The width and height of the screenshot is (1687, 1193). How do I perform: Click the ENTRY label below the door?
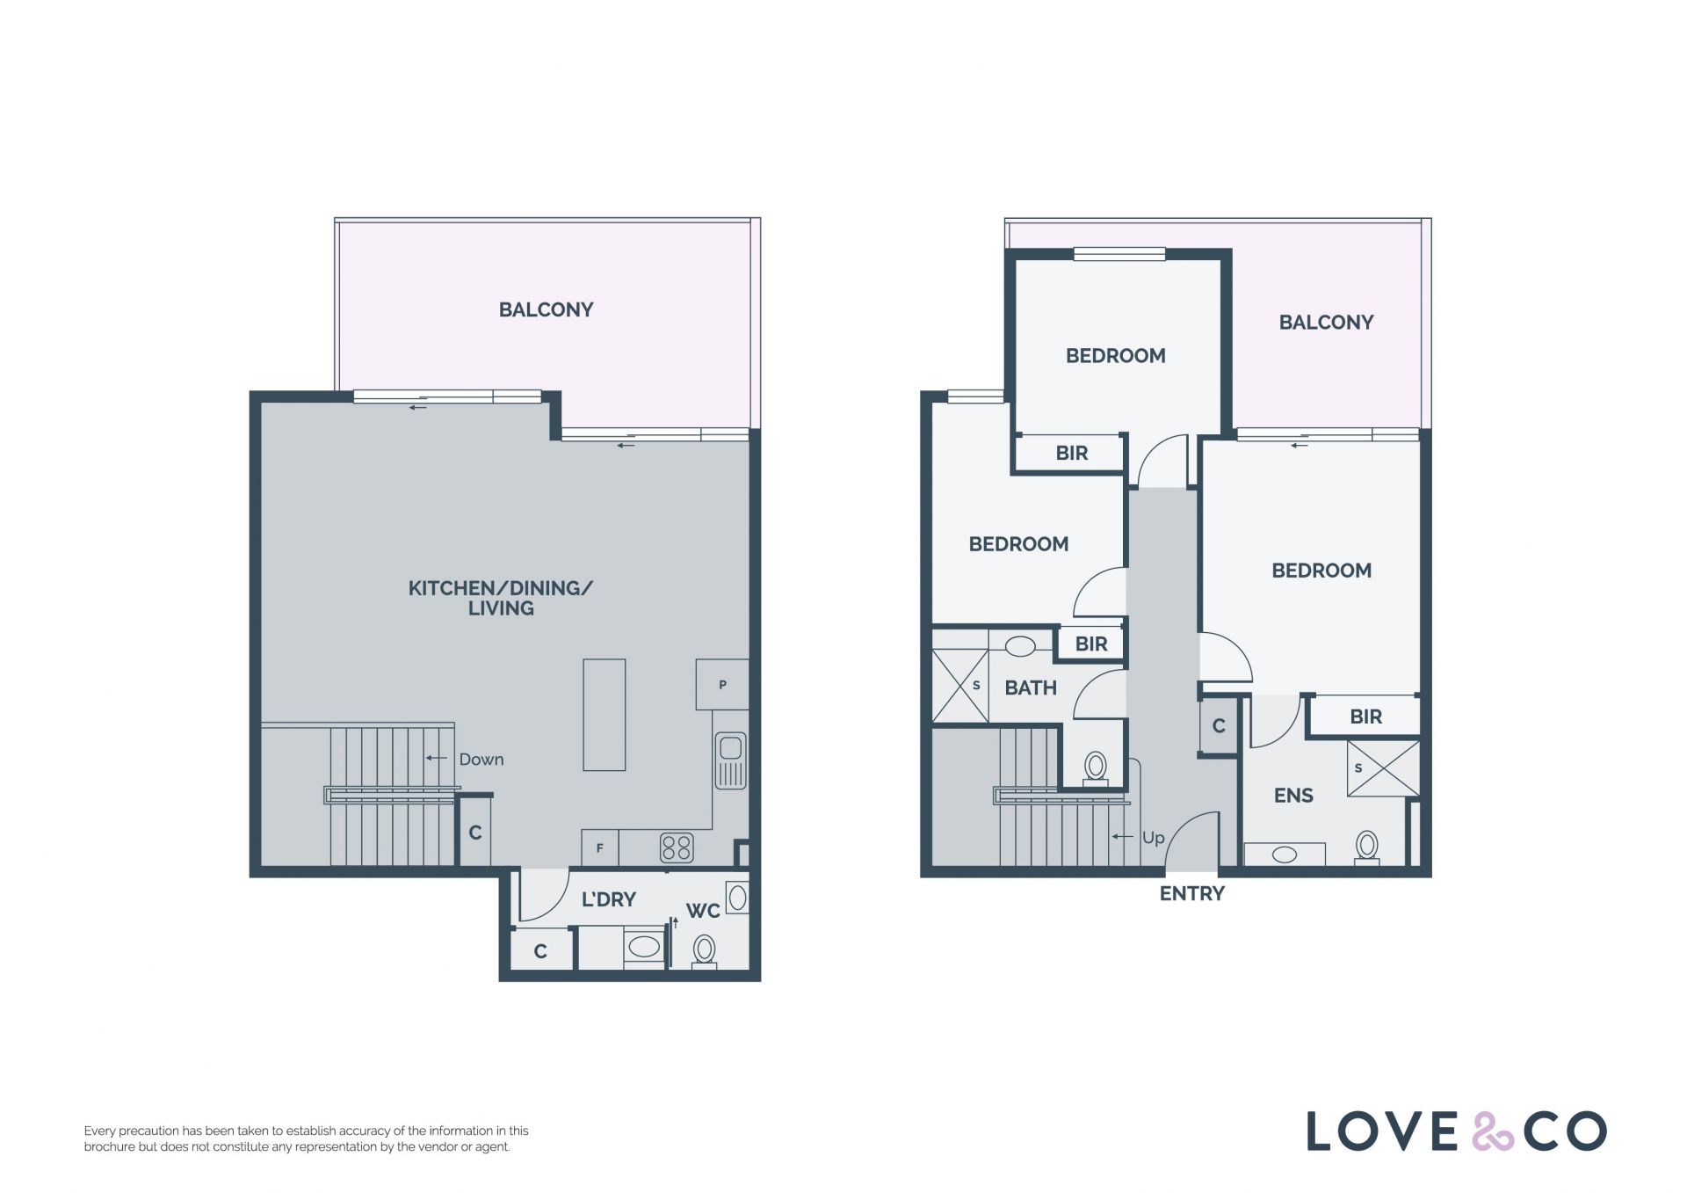[x=1191, y=894]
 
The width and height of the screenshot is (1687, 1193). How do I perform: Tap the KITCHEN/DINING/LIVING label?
[x=501, y=598]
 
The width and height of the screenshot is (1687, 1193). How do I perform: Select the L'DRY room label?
[x=608, y=899]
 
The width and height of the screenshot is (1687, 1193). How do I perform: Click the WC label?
[x=703, y=911]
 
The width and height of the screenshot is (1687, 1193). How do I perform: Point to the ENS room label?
[x=1293, y=796]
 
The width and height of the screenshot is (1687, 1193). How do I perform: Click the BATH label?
[x=1031, y=687]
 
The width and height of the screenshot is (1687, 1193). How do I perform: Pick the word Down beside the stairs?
[x=481, y=760]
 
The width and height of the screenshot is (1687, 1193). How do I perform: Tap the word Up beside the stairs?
[x=1153, y=838]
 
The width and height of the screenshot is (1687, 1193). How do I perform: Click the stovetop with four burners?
[x=677, y=847]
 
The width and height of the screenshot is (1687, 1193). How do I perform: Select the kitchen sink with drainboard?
[x=730, y=760]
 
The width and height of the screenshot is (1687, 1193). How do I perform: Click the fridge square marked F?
[x=600, y=847]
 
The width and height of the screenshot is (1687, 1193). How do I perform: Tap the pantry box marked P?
[x=722, y=684]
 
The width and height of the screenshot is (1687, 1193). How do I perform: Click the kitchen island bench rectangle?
[x=605, y=715]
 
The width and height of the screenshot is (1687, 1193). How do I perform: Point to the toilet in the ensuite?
[x=1366, y=848]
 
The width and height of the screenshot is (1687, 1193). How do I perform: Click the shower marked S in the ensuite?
[x=1383, y=768]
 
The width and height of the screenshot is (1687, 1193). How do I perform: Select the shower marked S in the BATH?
[x=959, y=686]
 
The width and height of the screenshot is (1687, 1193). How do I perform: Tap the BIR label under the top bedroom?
[x=1072, y=453]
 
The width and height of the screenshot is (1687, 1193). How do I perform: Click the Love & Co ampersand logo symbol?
[x=1493, y=1131]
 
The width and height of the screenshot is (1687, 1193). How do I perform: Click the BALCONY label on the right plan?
[x=1326, y=323]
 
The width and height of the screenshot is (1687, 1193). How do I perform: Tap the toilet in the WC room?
[x=704, y=951]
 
